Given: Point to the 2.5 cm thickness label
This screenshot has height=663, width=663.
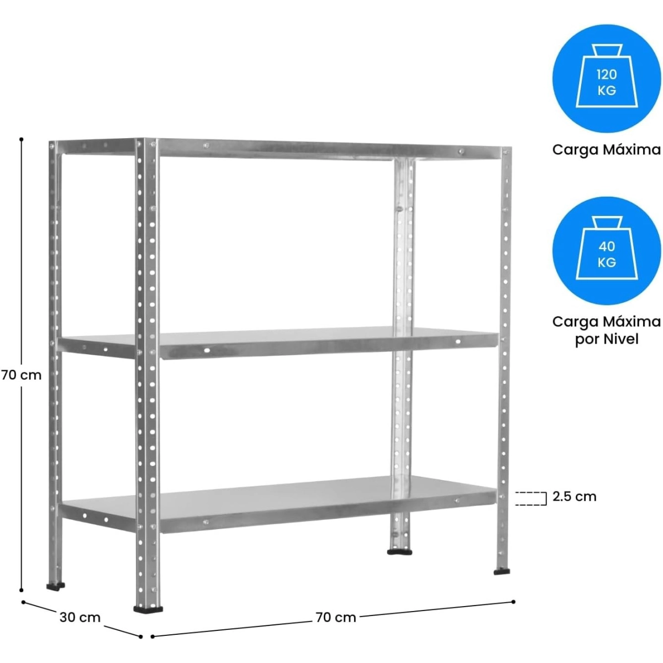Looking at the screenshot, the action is (x=574, y=497).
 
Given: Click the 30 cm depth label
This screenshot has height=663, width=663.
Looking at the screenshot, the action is (x=80, y=617).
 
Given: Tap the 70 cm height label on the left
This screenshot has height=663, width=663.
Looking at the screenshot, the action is (x=22, y=375).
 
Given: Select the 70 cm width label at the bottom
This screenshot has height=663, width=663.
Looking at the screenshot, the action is (x=336, y=618).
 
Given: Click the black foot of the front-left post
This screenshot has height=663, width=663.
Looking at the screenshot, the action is (x=148, y=609).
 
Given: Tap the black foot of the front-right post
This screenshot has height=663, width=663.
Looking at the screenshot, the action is (x=502, y=572).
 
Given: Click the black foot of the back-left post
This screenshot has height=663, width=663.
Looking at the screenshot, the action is (x=55, y=586).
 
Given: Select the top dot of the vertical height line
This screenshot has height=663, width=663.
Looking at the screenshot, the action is (x=22, y=139).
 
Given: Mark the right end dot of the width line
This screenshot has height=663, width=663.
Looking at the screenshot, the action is (x=513, y=602).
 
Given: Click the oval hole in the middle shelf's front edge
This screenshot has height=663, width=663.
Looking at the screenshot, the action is (x=207, y=350).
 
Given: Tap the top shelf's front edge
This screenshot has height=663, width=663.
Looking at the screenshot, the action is (x=329, y=149).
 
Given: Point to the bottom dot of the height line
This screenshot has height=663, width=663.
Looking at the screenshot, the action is (x=22, y=590).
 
